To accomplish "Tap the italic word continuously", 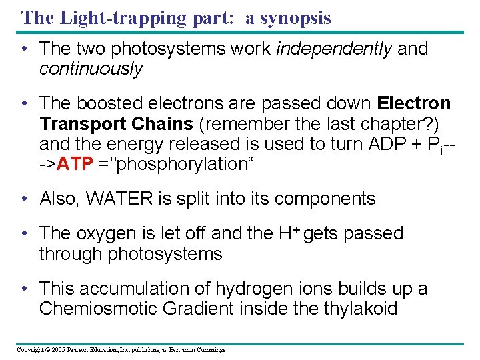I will click(91, 69).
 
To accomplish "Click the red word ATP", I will click(75, 164).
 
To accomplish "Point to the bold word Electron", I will click(414, 104).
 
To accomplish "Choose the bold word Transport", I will click(83, 124).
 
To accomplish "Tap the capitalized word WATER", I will click(110, 199).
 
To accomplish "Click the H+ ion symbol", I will click(287, 233).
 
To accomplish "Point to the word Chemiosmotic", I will click(97, 309).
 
